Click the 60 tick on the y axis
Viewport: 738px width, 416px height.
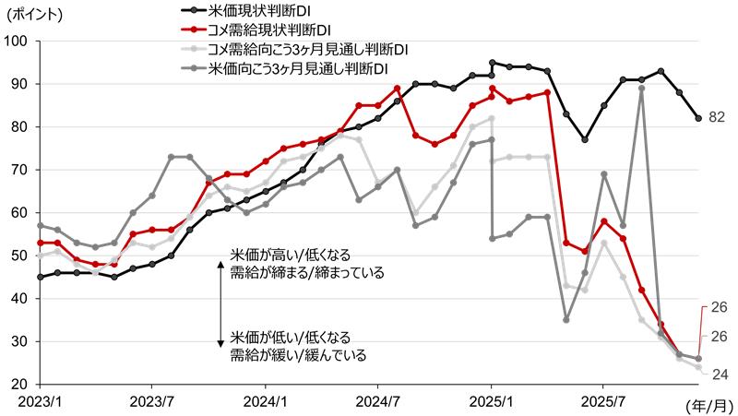click(x=19, y=212)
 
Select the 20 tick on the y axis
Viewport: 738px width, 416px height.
click(x=19, y=384)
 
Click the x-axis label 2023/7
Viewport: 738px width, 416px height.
click(x=151, y=402)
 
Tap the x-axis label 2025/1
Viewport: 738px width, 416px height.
click(x=491, y=402)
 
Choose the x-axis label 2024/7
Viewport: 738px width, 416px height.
click(x=377, y=402)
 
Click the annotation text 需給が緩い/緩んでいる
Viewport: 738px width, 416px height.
click(x=298, y=354)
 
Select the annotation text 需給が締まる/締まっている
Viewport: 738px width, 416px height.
click(x=307, y=273)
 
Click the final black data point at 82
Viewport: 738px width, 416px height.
click(x=698, y=118)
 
